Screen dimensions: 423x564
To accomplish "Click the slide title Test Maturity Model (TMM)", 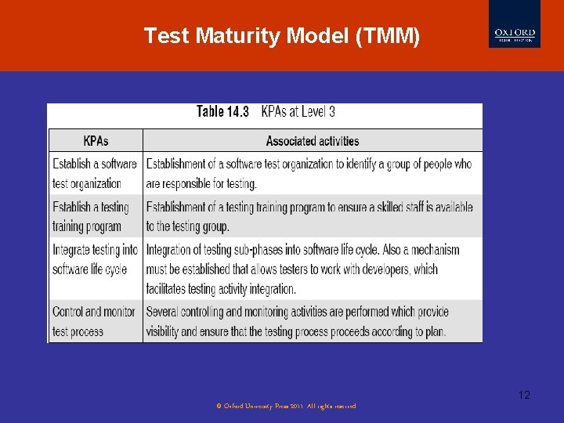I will pos(282,36).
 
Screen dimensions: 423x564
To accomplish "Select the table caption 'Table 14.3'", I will pos(222,112).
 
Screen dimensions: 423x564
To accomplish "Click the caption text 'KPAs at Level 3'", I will pos(298,112).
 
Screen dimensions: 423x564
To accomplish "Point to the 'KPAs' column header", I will pos(96,141).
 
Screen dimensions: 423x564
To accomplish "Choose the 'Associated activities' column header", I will pos(313,141).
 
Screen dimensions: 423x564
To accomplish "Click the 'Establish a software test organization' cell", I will pos(95,174).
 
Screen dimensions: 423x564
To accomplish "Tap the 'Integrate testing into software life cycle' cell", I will pos(95,259).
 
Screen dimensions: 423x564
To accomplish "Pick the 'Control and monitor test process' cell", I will pos(94,321).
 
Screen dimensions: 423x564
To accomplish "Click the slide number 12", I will pos(524,395).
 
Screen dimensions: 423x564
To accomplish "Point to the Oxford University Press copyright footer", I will pos(286,406).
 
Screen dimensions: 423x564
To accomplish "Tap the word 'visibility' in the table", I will pos(167,331).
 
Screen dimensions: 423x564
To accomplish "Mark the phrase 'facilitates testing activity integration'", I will pos(221,289).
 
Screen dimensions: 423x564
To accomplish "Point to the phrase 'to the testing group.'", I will pos(187,226).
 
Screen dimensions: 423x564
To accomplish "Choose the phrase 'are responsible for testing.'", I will pos(201,184).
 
